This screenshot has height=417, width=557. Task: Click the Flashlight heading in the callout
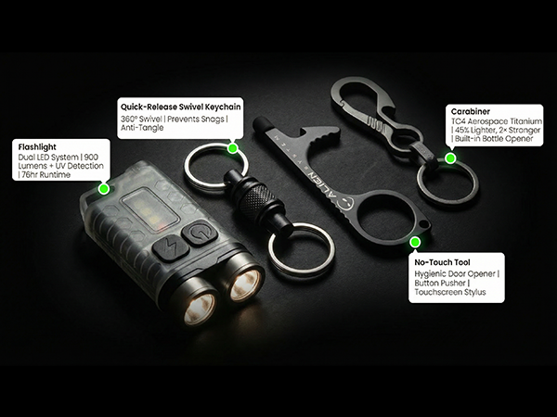(36, 145)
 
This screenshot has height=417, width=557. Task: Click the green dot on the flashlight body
(104, 188)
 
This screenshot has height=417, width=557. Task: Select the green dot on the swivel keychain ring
(232, 146)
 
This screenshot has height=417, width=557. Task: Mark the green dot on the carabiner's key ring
(450, 158)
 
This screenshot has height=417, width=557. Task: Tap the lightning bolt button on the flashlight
(168, 246)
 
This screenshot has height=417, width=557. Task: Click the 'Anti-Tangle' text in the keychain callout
(143, 129)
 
